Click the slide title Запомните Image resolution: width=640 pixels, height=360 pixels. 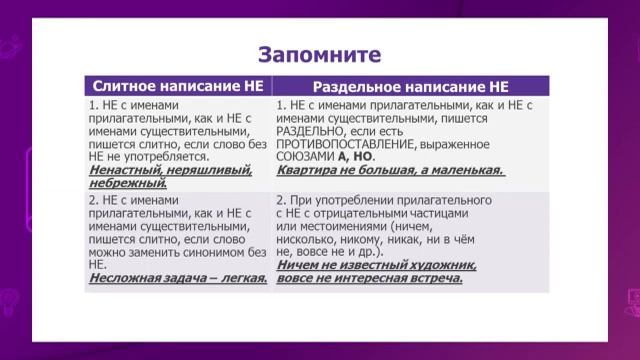320,51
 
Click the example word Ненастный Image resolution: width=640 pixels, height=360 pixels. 125,171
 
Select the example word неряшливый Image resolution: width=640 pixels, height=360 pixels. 204,171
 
